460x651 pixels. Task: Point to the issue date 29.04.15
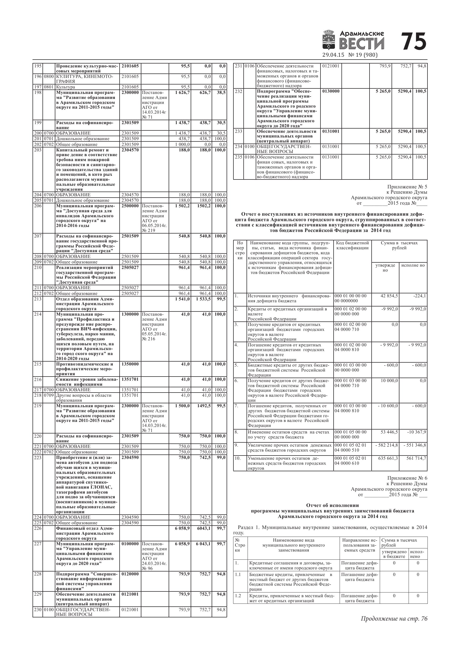pos(333,55)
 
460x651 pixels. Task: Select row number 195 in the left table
pos(38,66)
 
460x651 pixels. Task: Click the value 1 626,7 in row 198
pos(183,92)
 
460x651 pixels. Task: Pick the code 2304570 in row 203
pos(130,150)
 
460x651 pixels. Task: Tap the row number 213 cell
pos(38,299)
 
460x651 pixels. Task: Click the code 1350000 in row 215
pos(130,364)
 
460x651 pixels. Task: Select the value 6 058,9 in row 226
pos(183,528)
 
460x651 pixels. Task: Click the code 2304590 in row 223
pos(130,457)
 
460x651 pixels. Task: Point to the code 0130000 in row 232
pos(331,91)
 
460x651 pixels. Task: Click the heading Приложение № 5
pos(407,187)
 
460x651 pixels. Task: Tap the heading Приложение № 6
pos(407,478)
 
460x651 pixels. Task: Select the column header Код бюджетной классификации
pos(352,246)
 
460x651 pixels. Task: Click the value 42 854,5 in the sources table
pos(389,296)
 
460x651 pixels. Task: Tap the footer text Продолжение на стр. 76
pos(394,619)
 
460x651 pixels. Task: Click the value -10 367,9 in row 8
pos(417,432)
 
